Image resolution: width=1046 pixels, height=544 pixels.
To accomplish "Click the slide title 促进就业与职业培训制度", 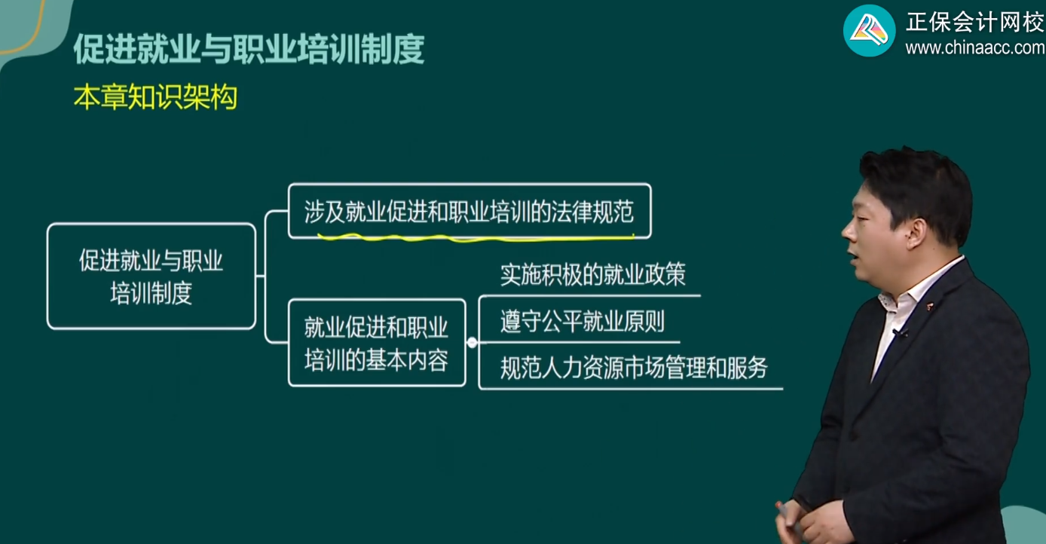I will (x=249, y=50).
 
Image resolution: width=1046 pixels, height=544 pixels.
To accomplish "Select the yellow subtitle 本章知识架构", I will (x=155, y=98).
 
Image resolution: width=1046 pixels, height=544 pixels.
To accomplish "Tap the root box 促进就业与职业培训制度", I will (x=151, y=277).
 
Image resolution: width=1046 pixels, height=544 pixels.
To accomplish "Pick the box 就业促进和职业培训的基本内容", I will (x=376, y=343).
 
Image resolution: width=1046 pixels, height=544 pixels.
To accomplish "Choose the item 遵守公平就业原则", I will (x=582, y=322).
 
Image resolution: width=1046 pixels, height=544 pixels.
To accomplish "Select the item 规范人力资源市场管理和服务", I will (x=633, y=368).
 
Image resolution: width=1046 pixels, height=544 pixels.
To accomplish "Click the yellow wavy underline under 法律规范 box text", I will (x=475, y=237).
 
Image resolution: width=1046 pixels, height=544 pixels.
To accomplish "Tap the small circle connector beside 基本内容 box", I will (x=472, y=343).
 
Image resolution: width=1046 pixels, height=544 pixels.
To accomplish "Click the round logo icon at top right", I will (x=869, y=30).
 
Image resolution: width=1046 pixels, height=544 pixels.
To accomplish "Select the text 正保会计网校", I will (x=974, y=23).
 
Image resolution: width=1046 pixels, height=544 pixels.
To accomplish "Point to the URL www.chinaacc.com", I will (x=974, y=48).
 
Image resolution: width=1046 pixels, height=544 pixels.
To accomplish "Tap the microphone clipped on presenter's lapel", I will (x=898, y=332).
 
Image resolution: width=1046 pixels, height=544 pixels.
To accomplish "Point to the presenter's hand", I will (x=791, y=520).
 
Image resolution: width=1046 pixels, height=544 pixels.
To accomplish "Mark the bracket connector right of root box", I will (x=267, y=277).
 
